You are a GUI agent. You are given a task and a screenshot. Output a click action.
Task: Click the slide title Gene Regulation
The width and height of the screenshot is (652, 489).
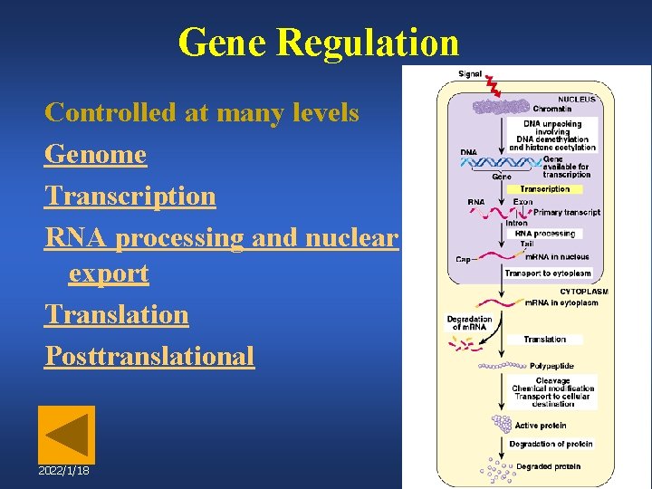pos(319,43)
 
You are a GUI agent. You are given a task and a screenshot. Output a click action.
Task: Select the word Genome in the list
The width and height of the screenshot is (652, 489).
pos(95,155)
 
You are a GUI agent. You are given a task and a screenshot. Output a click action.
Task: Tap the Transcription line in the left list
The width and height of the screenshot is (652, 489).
pos(130,196)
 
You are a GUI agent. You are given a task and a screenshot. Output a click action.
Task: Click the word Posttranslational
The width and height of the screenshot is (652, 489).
pos(149,356)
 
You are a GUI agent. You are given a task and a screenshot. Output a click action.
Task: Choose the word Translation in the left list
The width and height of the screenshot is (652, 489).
pos(117,315)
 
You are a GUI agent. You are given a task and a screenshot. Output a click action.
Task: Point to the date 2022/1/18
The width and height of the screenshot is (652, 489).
pos(63,472)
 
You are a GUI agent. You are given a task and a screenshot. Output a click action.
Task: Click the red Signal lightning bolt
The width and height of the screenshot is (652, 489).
pos(494,87)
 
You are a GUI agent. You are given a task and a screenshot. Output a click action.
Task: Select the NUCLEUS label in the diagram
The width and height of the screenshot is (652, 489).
pos(577,100)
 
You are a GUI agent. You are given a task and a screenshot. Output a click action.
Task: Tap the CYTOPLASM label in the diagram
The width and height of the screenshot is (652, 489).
pos(583,292)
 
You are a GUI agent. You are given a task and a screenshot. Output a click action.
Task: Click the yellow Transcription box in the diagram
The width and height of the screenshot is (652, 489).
pos(544,189)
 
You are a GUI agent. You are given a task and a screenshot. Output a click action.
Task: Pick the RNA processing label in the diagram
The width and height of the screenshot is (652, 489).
pos(544,234)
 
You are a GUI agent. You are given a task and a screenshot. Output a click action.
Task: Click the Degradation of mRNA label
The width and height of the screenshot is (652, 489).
pos(469,322)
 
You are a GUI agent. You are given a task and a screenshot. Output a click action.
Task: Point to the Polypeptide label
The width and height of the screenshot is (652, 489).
pos(551,366)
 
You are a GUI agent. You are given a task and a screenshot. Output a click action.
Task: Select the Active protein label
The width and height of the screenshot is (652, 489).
pos(540,425)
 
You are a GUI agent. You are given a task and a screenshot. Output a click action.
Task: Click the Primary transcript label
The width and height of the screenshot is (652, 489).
pos(567,212)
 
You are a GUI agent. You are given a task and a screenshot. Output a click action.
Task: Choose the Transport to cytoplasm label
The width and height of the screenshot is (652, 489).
pos(547,273)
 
